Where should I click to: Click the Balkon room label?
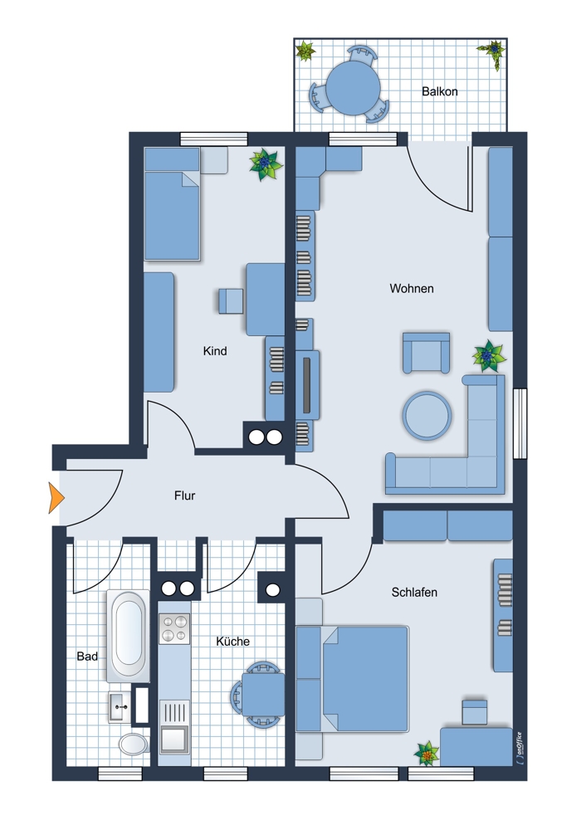[x=439, y=91]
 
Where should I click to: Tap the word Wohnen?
[x=412, y=289]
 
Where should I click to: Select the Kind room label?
[x=215, y=351]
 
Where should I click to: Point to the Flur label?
[x=185, y=496]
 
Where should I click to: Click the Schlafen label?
[x=414, y=593]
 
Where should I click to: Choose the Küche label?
[x=232, y=641]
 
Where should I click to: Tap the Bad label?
[x=87, y=657]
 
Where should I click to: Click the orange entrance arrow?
[x=56, y=497]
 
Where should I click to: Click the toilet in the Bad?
[x=133, y=743]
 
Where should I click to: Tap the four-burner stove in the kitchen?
[x=174, y=628]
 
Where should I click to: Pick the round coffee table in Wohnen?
[x=427, y=416]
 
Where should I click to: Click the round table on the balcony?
[x=353, y=87]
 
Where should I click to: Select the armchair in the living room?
[x=426, y=353]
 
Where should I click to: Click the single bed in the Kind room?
[x=172, y=204]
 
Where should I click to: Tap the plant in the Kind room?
[x=266, y=164]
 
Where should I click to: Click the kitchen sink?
[x=174, y=725]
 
